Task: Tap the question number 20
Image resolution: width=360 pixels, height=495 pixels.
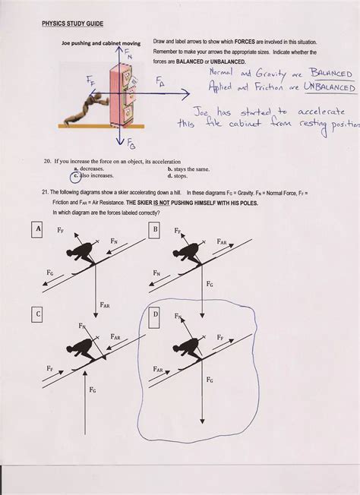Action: (x=47, y=162)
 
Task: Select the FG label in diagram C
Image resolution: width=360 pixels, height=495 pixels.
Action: (x=91, y=389)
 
